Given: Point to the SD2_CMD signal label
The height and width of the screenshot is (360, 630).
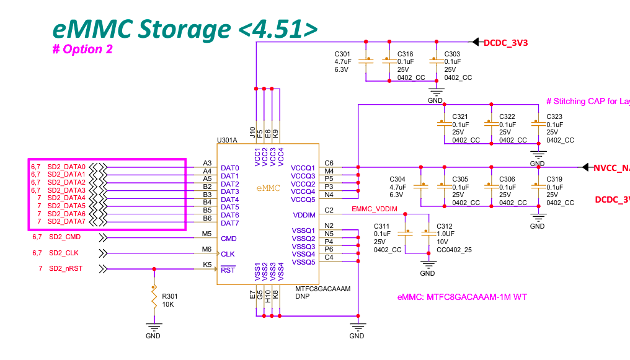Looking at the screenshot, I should coord(64,237).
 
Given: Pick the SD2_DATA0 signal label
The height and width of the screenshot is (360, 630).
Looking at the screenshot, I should coord(66,167).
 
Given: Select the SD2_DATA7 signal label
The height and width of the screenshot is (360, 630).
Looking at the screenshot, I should coord(66,221).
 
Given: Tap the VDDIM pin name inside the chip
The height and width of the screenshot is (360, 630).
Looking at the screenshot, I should coord(304,215).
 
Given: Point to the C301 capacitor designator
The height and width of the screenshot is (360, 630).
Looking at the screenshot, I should coord(342,54).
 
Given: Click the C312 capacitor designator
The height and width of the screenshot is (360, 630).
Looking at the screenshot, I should coord(445,226).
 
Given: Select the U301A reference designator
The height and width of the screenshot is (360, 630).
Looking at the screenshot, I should coord(227,141).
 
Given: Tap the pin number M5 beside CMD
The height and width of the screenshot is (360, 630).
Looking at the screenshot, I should coord(207,234).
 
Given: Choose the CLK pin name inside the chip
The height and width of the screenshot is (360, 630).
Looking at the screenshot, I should coord(228,254).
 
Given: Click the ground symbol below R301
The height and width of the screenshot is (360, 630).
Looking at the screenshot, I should coord(153,327).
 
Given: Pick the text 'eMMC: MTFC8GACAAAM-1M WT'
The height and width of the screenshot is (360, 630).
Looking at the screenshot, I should coord(462,297).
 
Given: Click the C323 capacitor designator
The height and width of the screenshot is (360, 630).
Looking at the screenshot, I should coord(554,116).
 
